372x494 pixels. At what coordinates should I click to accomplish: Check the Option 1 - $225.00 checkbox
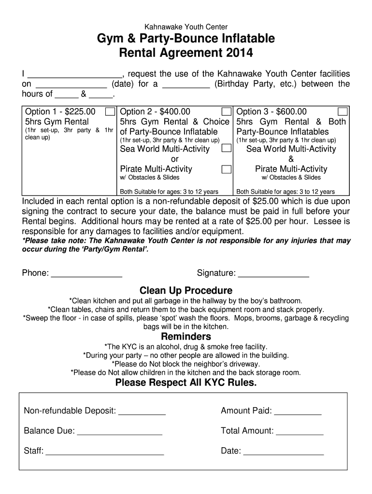(110, 112)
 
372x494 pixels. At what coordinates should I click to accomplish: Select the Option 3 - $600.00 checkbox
(343, 112)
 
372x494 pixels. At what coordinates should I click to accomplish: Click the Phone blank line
(86, 274)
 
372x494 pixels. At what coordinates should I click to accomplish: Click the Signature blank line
(273, 274)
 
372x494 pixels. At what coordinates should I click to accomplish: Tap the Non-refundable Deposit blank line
(142, 412)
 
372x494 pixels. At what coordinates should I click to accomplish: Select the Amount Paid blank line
(298, 412)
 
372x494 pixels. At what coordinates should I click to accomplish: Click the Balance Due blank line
(119, 431)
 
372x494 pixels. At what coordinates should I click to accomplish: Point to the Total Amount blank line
(300, 431)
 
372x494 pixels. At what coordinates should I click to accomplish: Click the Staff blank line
(105, 452)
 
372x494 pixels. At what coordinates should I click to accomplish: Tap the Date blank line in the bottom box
(284, 452)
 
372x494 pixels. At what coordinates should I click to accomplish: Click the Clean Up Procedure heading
(186, 290)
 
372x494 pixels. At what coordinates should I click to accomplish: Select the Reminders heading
(186, 336)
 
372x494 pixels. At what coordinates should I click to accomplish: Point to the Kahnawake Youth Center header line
(186, 27)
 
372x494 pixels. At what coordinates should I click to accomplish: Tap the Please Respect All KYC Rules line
(186, 383)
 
